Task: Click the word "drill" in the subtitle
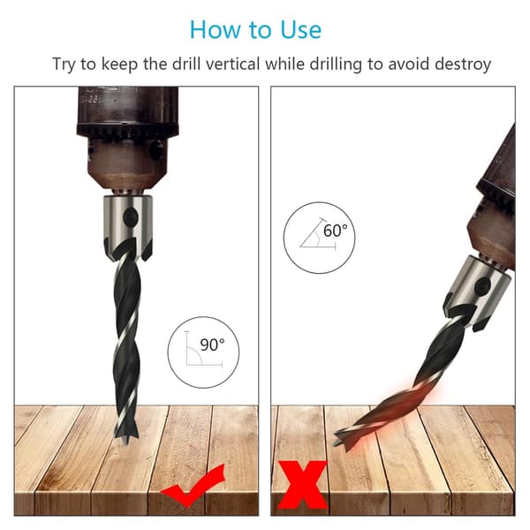pyautogui.click(x=186, y=64)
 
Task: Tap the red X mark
pyautogui.click(x=302, y=484)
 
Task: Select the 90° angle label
pyautogui.click(x=212, y=344)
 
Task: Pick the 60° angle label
pyautogui.click(x=335, y=231)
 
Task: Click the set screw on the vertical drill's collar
pyautogui.click(x=131, y=216)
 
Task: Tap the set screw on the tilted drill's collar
pyautogui.click(x=482, y=287)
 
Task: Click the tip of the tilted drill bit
pyautogui.click(x=336, y=443)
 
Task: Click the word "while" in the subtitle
pyautogui.click(x=285, y=64)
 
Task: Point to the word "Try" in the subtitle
pyautogui.click(x=64, y=64)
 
